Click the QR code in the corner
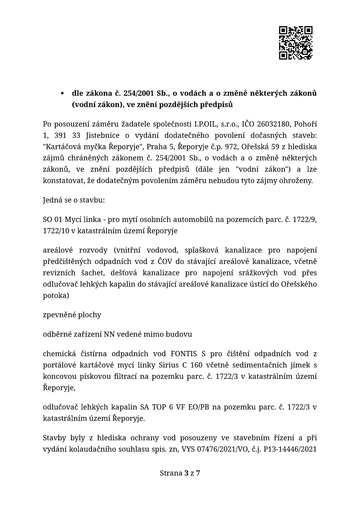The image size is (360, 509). (296, 43)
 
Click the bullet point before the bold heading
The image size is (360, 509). (62, 94)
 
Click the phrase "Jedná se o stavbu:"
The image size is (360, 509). (74, 200)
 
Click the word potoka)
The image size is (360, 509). (56, 296)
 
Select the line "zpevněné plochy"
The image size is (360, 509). (72, 315)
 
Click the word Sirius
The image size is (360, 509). (226, 365)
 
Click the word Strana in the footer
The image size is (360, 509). (171, 473)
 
